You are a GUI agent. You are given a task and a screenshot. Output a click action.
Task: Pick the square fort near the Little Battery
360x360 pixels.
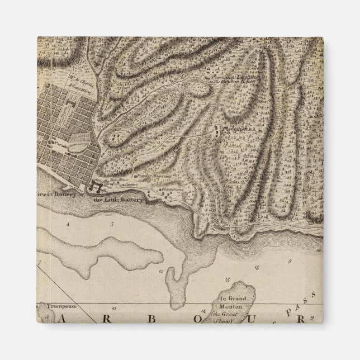(93, 187)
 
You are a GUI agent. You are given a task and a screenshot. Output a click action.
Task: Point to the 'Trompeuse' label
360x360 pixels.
(53, 305)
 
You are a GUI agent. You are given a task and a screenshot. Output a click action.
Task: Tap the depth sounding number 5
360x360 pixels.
(111, 224)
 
